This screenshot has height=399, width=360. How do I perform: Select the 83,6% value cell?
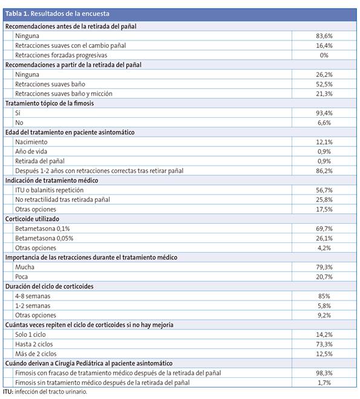[324, 36]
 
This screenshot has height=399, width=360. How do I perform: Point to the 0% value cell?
[324, 55]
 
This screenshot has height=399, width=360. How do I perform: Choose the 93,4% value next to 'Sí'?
[324, 113]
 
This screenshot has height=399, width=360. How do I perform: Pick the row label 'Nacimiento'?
[32, 141]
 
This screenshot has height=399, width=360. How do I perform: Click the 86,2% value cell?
[324, 170]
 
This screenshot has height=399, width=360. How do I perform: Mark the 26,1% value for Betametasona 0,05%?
[324, 238]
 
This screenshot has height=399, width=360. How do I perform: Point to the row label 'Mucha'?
[25, 267]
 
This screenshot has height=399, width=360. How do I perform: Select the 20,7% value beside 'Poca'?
[324, 276]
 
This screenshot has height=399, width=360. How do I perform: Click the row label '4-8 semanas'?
[33, 296]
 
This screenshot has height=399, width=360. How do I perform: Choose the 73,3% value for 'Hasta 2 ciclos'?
[324, 344]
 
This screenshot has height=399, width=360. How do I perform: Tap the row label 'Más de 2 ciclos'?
[36, 354]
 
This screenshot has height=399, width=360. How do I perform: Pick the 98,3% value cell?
[324, 372]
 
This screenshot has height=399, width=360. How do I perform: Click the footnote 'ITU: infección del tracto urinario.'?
[45, 392]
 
